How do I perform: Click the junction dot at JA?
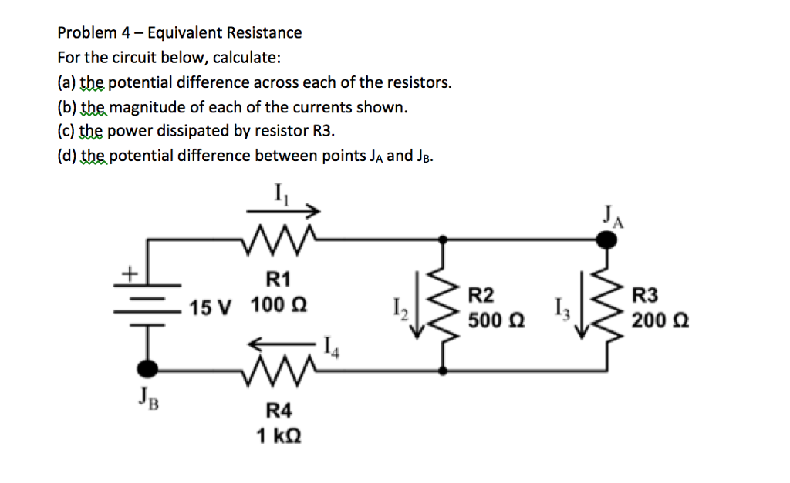(x=609, y=241)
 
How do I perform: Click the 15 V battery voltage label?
(x=211, y=309)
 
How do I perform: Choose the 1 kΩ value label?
(x=279, y=435)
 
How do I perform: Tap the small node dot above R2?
(x=443, y=241)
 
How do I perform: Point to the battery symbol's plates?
(x=147, y=306)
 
